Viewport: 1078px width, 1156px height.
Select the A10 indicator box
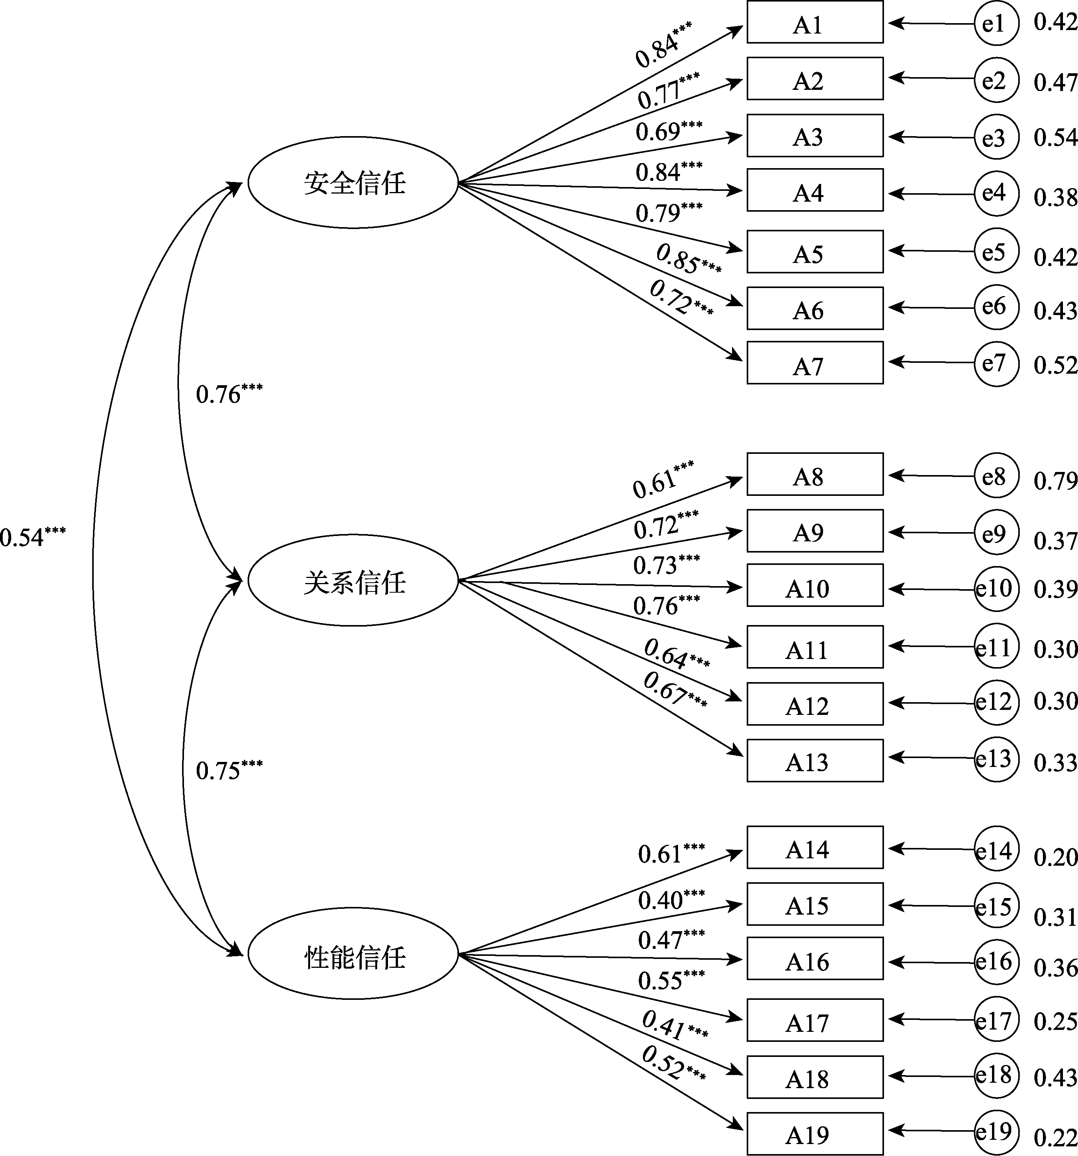tap(815, 586)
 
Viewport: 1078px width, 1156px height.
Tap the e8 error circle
tap(996, 476)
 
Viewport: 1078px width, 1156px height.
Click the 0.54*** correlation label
tap(32, 537)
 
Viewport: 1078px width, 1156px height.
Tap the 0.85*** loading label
tap(688, 260)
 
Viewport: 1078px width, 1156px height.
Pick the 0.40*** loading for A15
tap(671, 900)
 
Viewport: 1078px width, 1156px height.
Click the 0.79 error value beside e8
tap(1055, 481)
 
